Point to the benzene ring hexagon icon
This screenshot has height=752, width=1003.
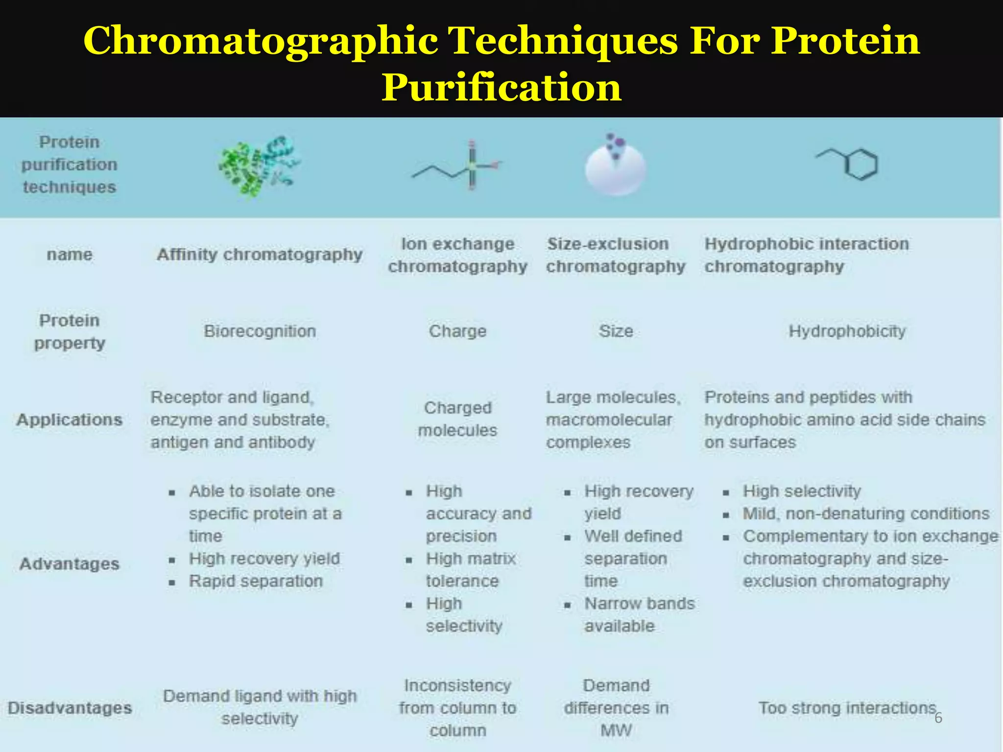tap(860, 164)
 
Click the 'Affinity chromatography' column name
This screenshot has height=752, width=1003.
tap(260, 255)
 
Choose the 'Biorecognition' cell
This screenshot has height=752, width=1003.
tap(260, 331)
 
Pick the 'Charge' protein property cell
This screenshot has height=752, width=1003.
tap(457, 331)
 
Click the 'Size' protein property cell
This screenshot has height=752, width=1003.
tap(616, 331)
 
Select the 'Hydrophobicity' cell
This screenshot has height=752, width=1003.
tap(847, 331)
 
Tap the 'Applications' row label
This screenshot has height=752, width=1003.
tap(70, 420)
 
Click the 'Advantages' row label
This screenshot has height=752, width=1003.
tap(70, 564)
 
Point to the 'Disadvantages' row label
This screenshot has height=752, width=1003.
tap(70, 708)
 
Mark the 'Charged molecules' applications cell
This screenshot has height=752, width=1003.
tap(457, 419)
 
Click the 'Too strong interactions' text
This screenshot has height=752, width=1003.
tap(847, 708)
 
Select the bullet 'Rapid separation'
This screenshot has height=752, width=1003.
tap(256, 581)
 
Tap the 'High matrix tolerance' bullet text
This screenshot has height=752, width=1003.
tap(470, 570)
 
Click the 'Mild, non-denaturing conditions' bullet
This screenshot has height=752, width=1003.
tap(866, 514)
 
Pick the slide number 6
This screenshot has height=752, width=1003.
tap(938, 718)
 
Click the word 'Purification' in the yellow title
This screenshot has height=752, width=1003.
tap(501, 87)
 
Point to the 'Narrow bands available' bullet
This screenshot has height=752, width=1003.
tap(639, 615)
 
